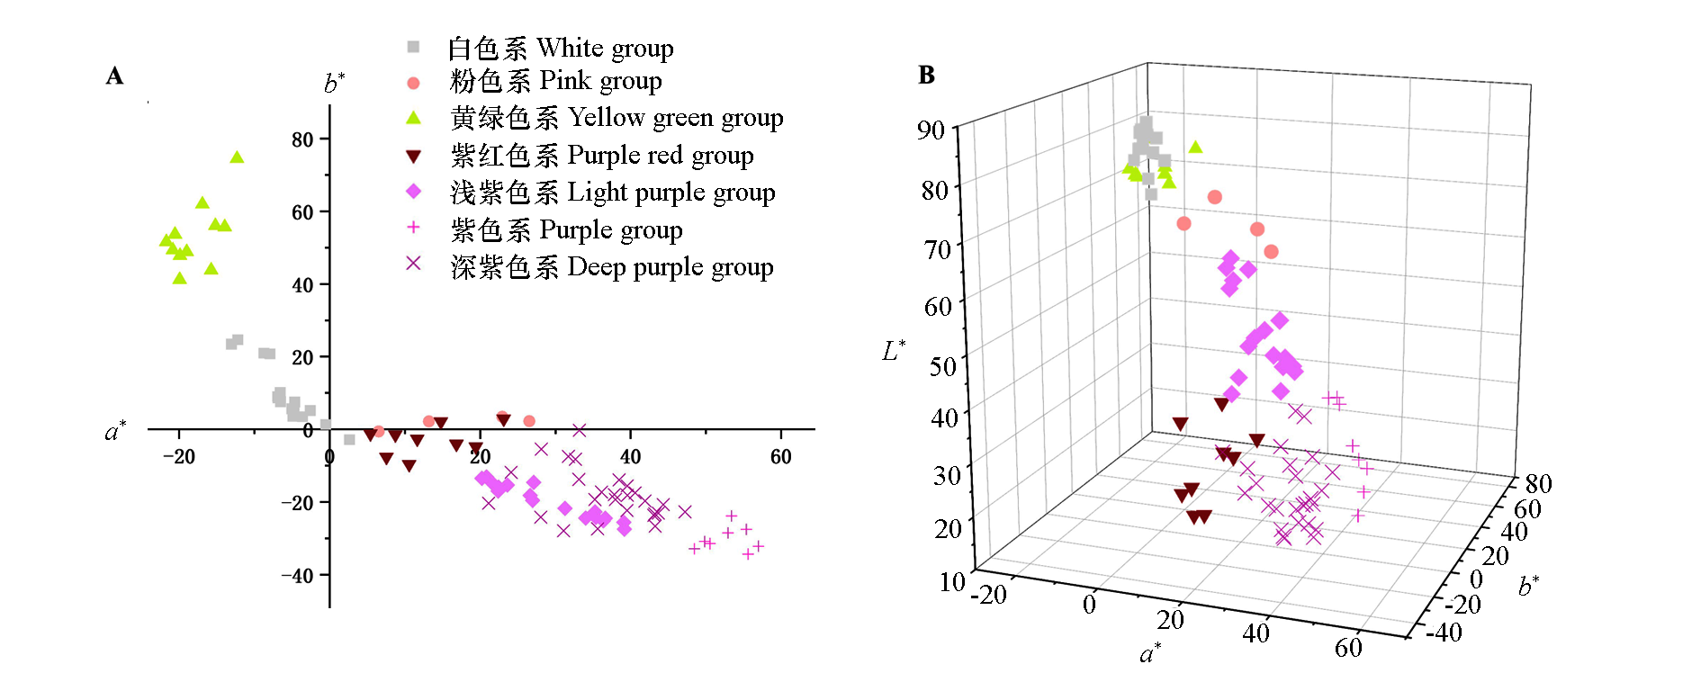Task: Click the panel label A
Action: pyautogui.click(x=114, y=76)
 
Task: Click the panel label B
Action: pyautogui.click(x=926, y=75)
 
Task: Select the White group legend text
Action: pyautogui.click(x=560, y=48)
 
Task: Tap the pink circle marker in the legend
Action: pyautogui.click(x=413, y=83)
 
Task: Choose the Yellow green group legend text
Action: pyautogui.click(x=616, y=118)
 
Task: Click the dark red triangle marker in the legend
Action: pyautogui.click(x=413, y=157)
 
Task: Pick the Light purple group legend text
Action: pyautogui.click(x=612, y=193)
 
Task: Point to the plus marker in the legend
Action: pyautogui.click(x=413, y=228)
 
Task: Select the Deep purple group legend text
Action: pyautogui.click(x=612, y=267)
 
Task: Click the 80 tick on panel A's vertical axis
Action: pyautogui.click(x=302, y=139)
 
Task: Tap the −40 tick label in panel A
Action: pyautogui.click(x=296, y=576)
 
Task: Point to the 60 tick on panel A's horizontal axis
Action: pyautogui.click(x=780, y=457)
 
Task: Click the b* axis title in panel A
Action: pyautogui.click(x=334, y=84)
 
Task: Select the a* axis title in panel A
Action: pyautogui.click(x=115, y=432)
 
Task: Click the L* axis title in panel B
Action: pyautogui.click(x=894, y=351)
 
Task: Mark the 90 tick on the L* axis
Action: pyautogui.click(x=931, y=130)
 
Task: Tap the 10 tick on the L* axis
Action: pyautogui.click(x=952, y=582)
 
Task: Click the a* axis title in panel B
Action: pyautogui.click(x=1150, y=653)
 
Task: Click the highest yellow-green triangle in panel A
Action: pyautogui.click(x=237, y=157)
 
